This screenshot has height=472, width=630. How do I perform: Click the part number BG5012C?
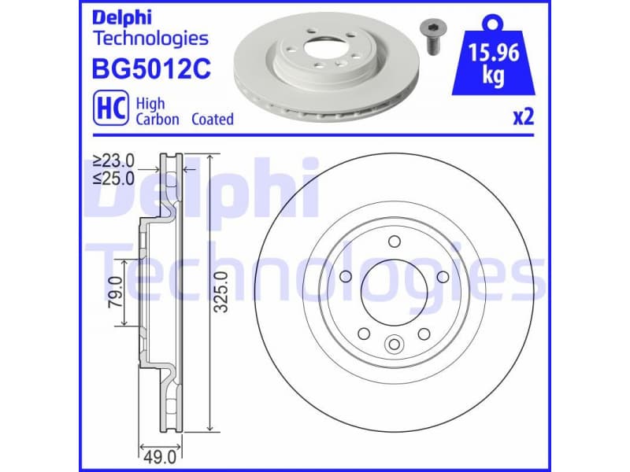(x=151, y=70)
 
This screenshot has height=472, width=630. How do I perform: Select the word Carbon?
(x=157, y=120)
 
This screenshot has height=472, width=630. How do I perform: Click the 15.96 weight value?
(x=492, y=53)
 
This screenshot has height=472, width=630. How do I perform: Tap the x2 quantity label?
(x=523, y=118)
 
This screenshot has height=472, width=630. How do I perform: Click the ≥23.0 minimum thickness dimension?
(x=114, y=160)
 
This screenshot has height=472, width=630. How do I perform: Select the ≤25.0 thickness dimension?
(x=114, y=178)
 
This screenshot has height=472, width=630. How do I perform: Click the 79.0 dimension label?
(x=115, y=291)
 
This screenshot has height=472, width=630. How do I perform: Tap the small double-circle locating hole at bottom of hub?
(x=394, y=343)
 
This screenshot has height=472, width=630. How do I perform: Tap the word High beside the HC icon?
(x=150, y=103)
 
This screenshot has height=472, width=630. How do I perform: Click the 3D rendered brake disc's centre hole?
(x=321, y=46)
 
